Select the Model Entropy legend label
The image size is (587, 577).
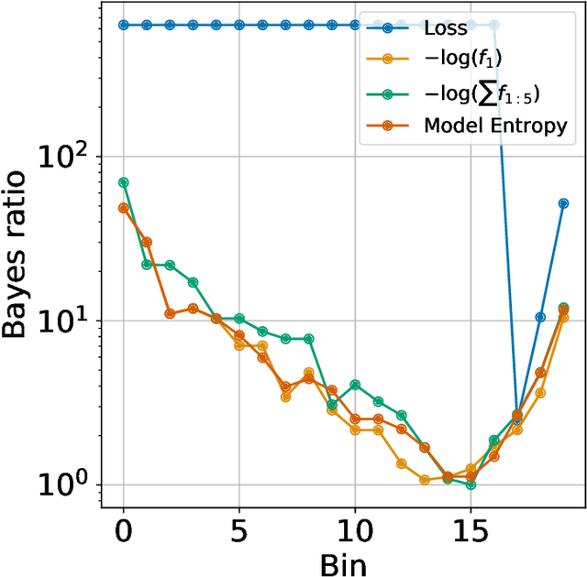[495, 126]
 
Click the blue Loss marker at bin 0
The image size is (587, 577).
[124, 25]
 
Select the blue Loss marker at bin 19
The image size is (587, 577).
[563, 203]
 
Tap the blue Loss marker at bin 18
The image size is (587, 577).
[540, 317]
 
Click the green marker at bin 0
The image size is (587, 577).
[124, 182]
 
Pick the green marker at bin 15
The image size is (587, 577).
[471, 484]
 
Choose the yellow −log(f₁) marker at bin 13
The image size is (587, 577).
[425, 479]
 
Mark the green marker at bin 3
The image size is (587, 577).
[193, 283]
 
